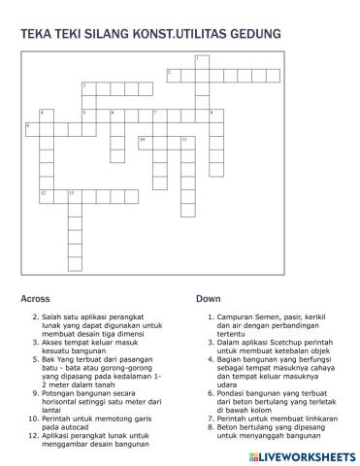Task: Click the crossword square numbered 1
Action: [201, 60]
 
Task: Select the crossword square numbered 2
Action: [173, 74]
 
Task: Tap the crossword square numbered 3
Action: [87, 88]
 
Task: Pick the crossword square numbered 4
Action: [46, 116]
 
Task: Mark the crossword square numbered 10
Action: [145, 143]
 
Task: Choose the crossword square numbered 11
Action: [186, 143]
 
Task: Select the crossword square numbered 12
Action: [46, 196]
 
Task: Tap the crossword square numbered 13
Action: [74, 196]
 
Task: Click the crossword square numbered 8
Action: [214, 116]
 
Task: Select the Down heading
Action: [208, 299]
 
